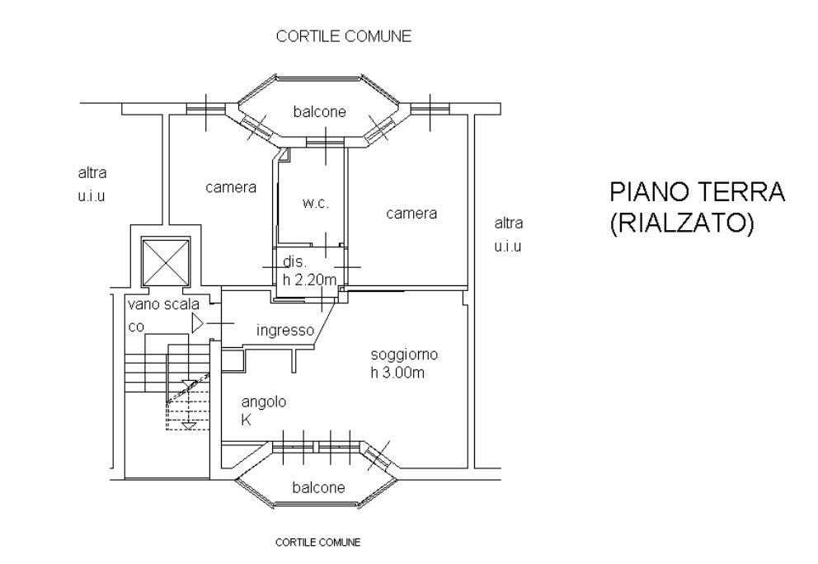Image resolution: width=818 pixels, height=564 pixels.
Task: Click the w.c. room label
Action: (x=315, y=204)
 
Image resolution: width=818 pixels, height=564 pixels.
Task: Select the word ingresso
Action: (x=284, y=331)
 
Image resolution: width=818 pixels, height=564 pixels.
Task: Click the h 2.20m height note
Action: (x=309, y=280)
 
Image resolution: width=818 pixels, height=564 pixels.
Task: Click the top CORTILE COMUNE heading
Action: (x=344, y=36)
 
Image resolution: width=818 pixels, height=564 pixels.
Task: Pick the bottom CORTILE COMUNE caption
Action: (x=317, y=543)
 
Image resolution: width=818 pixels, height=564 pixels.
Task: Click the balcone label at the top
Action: (x=319, y=111)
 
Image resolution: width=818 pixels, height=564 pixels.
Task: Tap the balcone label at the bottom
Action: (x=317, y=487)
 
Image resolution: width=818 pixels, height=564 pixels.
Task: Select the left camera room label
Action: (x=231, y=187)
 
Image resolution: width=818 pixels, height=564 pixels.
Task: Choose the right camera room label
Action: (x=411, y=214)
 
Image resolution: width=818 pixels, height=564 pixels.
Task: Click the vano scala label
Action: (x=163, y=304)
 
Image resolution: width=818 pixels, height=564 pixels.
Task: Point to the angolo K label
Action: (x=263, y=411)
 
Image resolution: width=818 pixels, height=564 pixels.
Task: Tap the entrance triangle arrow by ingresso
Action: (x=197, y=322)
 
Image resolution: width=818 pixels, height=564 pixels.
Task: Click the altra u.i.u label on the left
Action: (x=93, y=185)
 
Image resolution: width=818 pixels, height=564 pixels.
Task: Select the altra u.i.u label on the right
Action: (x=508, y=234)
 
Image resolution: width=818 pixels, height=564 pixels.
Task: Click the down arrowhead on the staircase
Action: (x=189, y=425)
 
